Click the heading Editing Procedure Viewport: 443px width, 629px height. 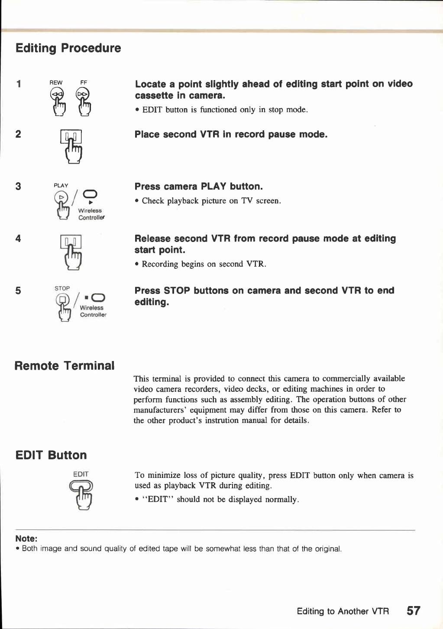click(x=68, y=48)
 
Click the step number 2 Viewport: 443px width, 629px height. click(x=18, y=134)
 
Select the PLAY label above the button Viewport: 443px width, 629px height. click(x=61, y=185)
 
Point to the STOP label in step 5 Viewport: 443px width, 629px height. click(x=62, y=288)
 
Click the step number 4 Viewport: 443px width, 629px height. click(x=18, y=239)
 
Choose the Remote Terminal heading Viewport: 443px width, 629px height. click(x=65, y=366)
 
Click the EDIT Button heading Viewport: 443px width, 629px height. click(x=51, y=455)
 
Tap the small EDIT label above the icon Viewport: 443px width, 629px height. click(x=81, y=474)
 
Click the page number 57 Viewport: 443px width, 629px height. click(x=414, y=610)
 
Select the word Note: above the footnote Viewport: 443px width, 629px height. click(x=26, y=539)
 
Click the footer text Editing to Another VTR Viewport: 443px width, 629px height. click(x=343, y=611)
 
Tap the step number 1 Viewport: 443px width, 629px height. click(x=19, y=84)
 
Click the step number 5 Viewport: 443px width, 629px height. click(x=18, y=290)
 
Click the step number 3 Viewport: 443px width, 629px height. click(x=18, y=187)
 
